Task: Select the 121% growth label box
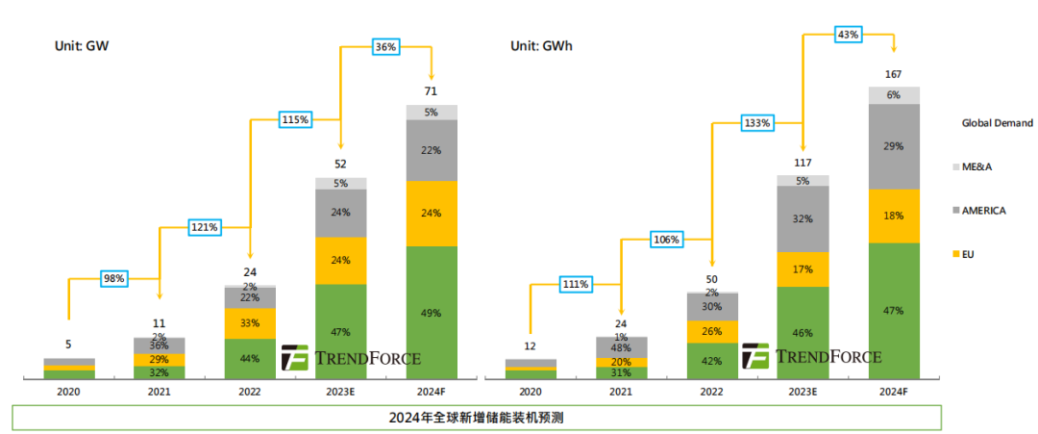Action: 205,227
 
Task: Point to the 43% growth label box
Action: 848,35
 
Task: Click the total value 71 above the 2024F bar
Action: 432,91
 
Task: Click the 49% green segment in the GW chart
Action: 432,311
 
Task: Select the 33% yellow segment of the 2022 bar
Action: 250,323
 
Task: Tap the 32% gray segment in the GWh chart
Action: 803,218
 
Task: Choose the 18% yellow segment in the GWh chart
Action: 893,216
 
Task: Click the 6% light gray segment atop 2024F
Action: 893,94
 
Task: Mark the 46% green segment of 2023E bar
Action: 803,332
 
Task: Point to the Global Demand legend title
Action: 997,123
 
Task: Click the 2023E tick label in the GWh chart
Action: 803,392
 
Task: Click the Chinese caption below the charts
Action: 476,418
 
